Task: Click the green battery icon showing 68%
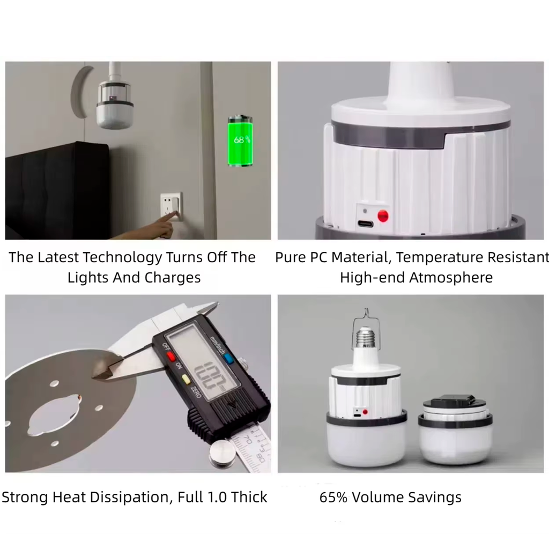click(240, 141)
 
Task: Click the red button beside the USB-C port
click(383, 216)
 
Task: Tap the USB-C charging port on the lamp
click(365, 224)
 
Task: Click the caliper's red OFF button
click(171, 356)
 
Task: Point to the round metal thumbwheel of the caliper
click(222, 454)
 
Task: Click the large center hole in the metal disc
click(54, 415)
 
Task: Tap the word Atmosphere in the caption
click(451, 278)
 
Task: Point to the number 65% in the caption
click(333, 497)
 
